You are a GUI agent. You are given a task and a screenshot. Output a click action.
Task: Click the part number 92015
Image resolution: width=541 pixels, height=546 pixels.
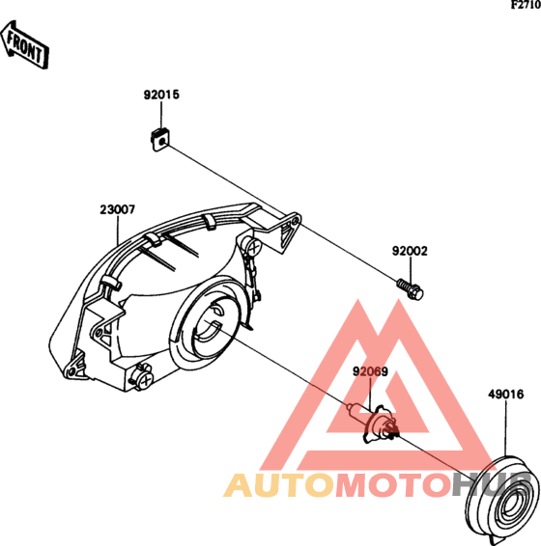pyautogui.click(x=161, y=95)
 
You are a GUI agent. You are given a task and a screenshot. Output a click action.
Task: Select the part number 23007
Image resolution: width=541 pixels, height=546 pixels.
pyautogui.click(x=118, y=209)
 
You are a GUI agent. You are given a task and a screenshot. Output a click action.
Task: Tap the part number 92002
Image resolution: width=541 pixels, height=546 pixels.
pyautogui.click(x=410, y=251)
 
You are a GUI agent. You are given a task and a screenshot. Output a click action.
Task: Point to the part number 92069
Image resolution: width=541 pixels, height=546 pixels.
pyautogui.click(x=370, y=371)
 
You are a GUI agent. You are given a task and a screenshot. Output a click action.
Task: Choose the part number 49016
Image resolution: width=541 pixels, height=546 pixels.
pyautogui.click(x=506, y=395)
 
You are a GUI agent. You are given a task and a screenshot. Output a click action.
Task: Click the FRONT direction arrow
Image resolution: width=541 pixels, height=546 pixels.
pyautogui.click(x=24, y=44)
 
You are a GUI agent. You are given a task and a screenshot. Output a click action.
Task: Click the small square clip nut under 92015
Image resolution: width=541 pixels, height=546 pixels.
pyautogui.click(x=159, y=140)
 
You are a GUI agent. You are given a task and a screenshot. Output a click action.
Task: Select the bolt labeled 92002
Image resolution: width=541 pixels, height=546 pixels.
pyautogui.click(x=411, y=288)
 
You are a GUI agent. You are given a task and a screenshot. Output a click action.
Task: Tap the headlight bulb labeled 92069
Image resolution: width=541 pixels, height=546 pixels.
pyautogui.click(x=375, y=423)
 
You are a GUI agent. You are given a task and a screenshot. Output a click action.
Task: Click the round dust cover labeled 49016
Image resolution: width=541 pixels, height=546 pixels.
pyautogui.click(x=502, y=501)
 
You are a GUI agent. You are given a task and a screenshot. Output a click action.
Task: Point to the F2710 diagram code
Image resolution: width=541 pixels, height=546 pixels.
pyautogui.click(x=526, y=5)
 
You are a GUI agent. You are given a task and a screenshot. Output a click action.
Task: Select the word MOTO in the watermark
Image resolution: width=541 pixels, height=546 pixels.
pyautogui.click(x=393, y=485)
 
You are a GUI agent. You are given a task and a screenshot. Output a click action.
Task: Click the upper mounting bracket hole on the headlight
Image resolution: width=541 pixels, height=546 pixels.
pyautogui.click(x=296, y=220)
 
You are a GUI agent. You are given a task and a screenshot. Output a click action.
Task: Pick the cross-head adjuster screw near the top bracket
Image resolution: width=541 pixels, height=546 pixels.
pyautogui.click(x=253, y=247)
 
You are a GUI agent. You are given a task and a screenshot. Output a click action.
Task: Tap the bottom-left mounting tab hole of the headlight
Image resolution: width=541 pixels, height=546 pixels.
pyautogui.click(x=71, y=371)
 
